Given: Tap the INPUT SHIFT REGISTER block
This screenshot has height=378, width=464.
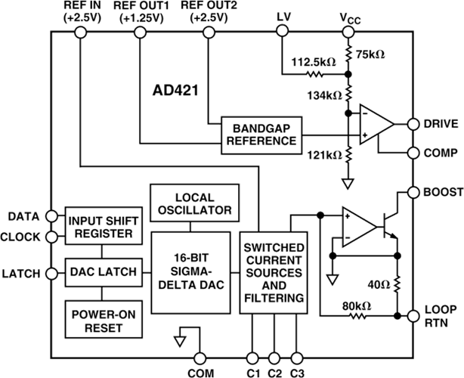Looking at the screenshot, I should (x=103, y=226).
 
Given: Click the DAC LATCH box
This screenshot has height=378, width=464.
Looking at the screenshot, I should (x=103, y=270).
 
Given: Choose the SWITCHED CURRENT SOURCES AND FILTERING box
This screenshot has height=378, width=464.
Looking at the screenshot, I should (x=274, y=274).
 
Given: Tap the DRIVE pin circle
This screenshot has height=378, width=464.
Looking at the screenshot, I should (x=413, y=123).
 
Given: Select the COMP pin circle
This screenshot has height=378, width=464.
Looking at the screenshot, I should (x=413, y=153).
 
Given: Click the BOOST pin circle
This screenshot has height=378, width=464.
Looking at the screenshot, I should (x=413, y=193).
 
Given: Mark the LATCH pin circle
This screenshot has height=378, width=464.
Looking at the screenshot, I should (x=51, y=271).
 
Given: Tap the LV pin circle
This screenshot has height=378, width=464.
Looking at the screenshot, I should (x=283, y=31).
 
